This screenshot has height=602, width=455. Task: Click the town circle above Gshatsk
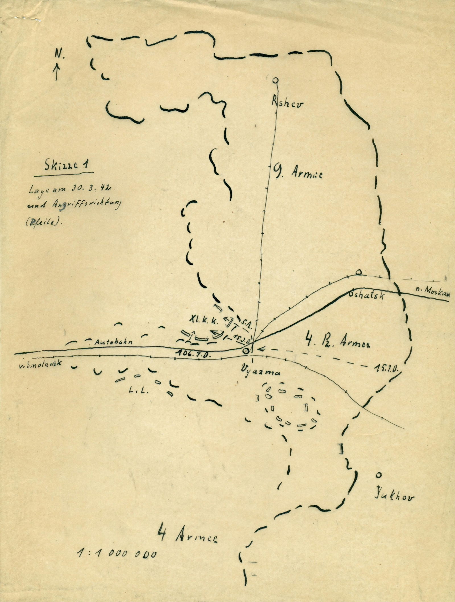click(x=359, y=272)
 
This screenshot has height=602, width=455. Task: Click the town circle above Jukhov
click(x=378, y=474)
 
